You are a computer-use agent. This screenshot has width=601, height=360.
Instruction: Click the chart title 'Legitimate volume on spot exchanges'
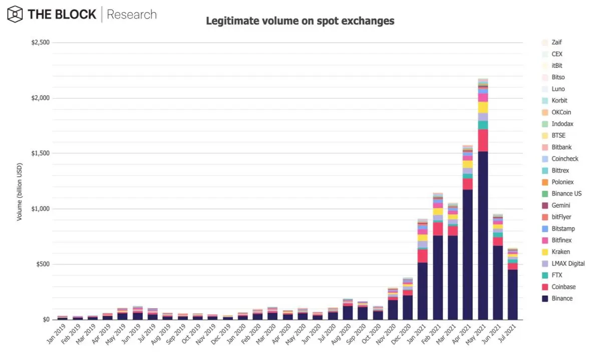[x=300, y=21]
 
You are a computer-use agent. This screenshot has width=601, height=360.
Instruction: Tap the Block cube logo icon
[x=15, y=14]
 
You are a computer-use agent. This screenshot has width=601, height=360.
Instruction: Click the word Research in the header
[x=132, y=15]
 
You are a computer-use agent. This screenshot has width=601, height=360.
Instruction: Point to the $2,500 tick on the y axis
[x=41, y=43]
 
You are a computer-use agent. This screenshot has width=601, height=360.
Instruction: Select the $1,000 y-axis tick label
[x=41, y=209]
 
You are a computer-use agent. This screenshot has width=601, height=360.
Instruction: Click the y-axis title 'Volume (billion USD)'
[x=19, y=192]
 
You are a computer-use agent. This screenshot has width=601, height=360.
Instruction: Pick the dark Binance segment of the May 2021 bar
[x=483, y=235]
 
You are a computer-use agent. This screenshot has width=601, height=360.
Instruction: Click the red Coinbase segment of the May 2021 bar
[x=483, y=141]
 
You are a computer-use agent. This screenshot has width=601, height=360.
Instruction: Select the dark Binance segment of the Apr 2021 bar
[x=468, y=254]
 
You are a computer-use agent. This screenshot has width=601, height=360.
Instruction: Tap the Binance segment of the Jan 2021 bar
[x=423, y=291]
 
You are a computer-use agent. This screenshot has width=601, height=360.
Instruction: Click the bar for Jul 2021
[x=512, y=284]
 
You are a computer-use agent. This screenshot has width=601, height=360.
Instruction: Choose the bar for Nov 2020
[x=393, y=303]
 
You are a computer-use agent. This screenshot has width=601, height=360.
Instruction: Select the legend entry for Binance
[x=557, y=298]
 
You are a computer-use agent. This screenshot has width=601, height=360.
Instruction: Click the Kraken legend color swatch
[x=545, y=252]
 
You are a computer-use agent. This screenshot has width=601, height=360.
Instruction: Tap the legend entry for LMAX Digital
[x=563, y=264]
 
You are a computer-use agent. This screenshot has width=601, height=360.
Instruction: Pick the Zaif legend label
[x=557, y=43]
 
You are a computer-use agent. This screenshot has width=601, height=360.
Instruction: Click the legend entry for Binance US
[x=562, y=194]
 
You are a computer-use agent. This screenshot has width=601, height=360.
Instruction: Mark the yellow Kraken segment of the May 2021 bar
[x=483, y=108]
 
